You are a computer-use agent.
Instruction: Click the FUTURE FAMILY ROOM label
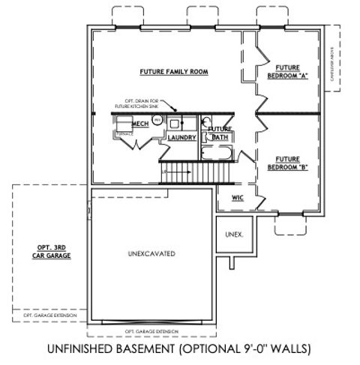(173, 72)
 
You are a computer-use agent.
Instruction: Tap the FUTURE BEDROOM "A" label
(288, 70)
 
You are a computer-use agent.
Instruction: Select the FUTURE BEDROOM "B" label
(288, 163)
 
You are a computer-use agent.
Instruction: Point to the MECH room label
(140, 124)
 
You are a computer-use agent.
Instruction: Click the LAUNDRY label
(181, 138)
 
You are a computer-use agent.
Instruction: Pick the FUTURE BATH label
(219, 133)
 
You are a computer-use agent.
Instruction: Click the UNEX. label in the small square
(234, 235)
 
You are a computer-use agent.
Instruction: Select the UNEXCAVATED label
(151, 254)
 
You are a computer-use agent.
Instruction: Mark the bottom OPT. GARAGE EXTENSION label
(153, 331)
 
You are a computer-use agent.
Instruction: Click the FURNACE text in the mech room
(124, 134)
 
